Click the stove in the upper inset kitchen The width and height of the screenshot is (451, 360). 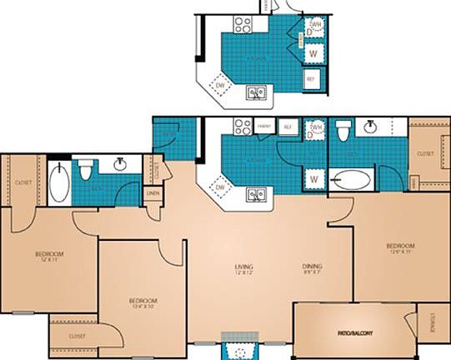[x=243, y=24]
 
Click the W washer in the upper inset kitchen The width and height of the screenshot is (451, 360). [x=313, y=52]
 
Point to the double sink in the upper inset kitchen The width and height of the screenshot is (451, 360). [x=256, y=92]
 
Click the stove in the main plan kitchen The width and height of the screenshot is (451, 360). [x=243, y=127]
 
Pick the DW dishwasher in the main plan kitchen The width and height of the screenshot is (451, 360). [x=221, y=187]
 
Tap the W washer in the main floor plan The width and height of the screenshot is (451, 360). [x=315, y=178]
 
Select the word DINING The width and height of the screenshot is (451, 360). [x=313, y=266]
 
